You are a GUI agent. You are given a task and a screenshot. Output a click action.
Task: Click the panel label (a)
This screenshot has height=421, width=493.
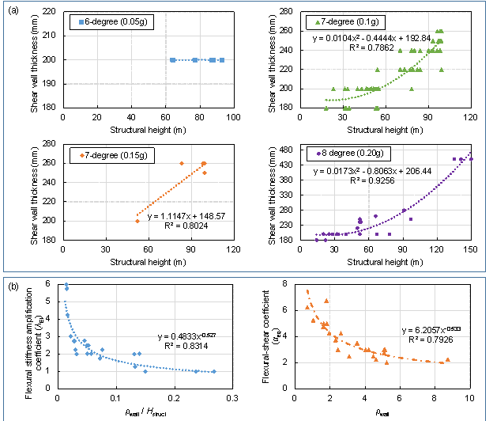coord(13,9)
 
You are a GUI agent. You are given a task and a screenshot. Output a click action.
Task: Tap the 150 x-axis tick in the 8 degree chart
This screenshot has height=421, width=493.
coord(471,249)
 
